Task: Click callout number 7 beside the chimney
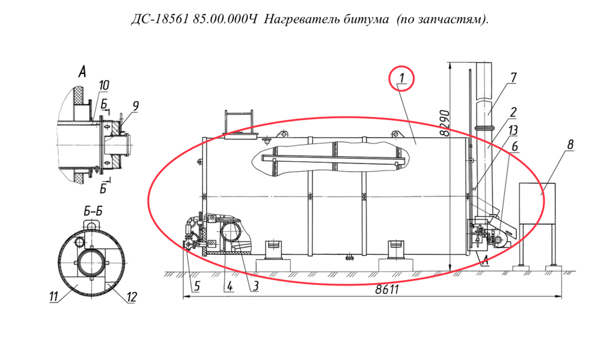[513, 77]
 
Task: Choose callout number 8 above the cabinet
[570, 145]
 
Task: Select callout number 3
[255, 286]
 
